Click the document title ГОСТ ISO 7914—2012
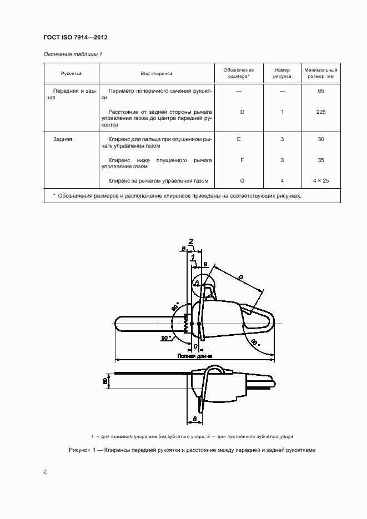(x=75, y=37)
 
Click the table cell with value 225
(x=321, y=112)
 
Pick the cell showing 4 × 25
(x=321, y=181)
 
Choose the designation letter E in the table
(x=239, y=139)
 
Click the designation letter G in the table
(x=242, y=181)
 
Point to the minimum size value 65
(x=321, y=90)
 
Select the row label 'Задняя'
(x=63, y=139)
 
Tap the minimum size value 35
(x=321, y=160)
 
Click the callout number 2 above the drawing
(x=191, y=241)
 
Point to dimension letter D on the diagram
(x=240, y=277)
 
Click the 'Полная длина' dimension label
(x=193, y=356)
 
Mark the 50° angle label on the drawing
(x=167, y=337)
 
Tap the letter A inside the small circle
(x=196, y=283)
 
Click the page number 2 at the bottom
(x=45, y=472)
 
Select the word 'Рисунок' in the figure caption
(x=79, y=451)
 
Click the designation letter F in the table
(x=242, y=160)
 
